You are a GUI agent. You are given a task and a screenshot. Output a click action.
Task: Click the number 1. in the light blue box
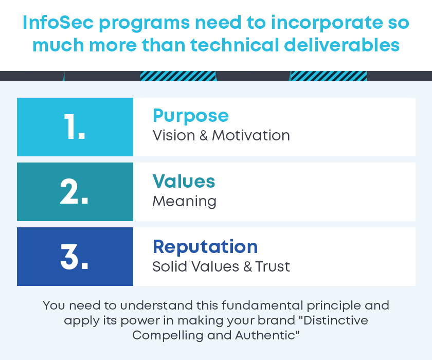tap(75, 127)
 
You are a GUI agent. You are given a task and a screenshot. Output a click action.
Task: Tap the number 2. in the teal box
tap(74, 191)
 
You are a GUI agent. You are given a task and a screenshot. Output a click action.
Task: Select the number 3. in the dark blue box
tap(74, 257)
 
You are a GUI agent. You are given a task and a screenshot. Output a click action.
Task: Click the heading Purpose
tap(191, 116)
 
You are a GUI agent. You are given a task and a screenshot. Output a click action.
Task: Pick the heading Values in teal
tap(184, 181)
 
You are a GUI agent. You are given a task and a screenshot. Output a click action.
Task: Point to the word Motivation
tap(251, 136)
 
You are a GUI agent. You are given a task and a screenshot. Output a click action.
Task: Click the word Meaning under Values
tap(184, 202)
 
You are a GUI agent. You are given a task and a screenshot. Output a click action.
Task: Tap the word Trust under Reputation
tap(273, 266)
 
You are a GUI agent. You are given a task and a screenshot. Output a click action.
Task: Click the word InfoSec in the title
tap(58, 22)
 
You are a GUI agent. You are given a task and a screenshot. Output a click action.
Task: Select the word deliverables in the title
tap(341, 45)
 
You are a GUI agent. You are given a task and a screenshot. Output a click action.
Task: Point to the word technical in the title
tap(235, 45)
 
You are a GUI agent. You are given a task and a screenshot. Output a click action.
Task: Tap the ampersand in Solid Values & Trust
tap(248, 266)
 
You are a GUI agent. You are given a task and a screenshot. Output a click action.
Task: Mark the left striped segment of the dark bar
tap(178, 76)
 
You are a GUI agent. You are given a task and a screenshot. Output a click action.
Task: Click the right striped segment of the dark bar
tap(329, 76)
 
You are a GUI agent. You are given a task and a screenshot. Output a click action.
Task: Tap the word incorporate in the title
tap(327, 23)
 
